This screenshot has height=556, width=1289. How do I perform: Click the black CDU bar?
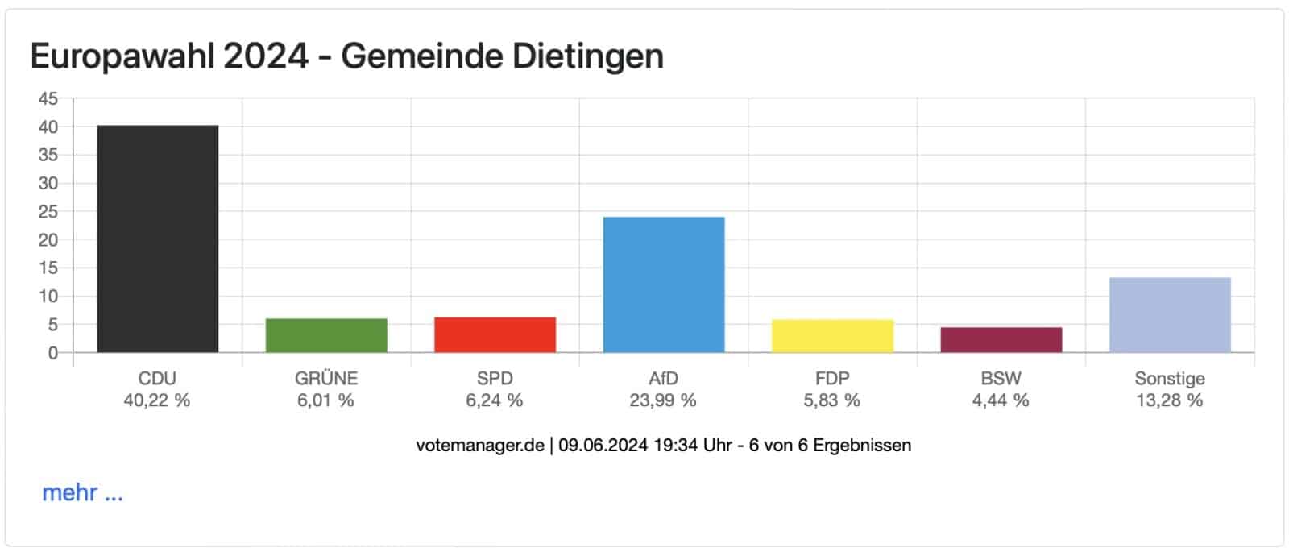[157, 239]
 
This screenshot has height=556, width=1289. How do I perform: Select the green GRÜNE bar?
[326, 335]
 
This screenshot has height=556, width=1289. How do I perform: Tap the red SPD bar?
[495, 334]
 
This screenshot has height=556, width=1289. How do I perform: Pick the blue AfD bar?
[663, 284]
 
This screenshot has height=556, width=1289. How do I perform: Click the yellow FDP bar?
[832, 336]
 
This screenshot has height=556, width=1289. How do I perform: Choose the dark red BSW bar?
[1001, 339]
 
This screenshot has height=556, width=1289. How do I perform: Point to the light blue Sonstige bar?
[1170, 314]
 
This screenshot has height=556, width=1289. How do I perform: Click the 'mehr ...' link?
[82, 492]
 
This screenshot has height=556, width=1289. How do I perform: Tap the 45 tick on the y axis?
[48, 99]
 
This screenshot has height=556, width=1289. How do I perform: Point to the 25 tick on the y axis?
[48, 212]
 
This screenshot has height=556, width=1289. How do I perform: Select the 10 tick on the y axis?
[48, 297]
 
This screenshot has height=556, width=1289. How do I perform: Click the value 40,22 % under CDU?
[157, 400]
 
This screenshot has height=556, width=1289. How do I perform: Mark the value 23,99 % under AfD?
[663, 400]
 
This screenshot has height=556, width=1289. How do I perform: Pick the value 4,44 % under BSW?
[1001, 400]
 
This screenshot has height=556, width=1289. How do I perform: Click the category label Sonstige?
[1170, 378]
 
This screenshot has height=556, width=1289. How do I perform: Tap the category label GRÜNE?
[326, 378]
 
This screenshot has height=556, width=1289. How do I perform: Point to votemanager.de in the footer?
[480, 445]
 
